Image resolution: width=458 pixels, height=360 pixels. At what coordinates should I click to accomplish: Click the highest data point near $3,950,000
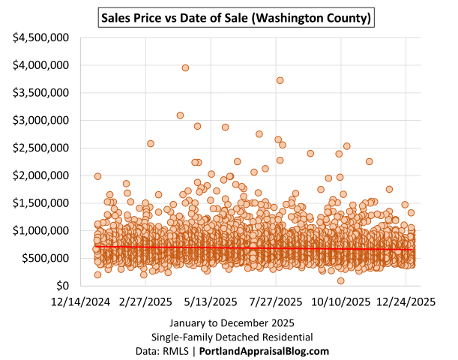[x=185, y=67]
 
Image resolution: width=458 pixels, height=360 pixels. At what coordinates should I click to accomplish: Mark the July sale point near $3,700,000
[x=280, y=80]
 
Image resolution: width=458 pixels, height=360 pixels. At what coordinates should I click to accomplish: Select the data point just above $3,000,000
[x=180, y=115]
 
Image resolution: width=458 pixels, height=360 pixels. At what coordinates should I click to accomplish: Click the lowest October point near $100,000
[x=340, y=280]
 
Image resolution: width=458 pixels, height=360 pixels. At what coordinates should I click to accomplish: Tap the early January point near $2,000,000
[x=97, y=176]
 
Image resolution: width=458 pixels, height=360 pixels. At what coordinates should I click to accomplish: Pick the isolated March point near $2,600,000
[x=150, y=143]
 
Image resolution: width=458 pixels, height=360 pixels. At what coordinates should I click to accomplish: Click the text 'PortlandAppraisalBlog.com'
[x=274, y=351]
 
